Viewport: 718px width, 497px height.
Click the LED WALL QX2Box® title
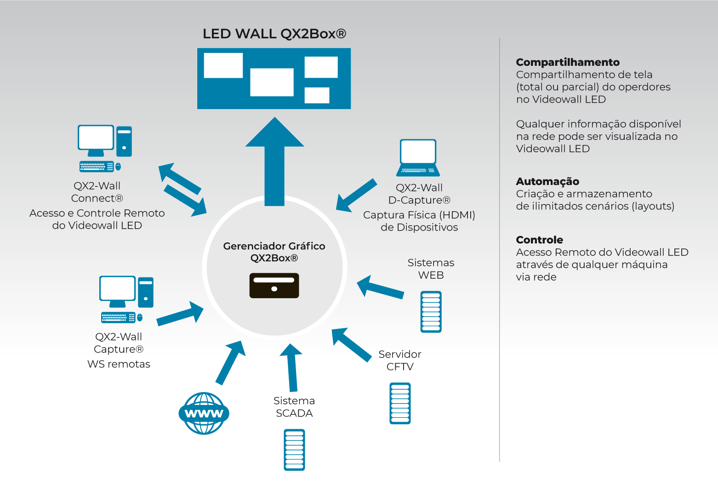(x=274, y=34)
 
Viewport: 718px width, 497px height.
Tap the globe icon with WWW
(x=204, y=413)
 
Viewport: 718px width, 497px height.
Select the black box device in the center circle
(x=274, y=285)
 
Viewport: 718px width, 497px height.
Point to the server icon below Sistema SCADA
(x=294, y=450)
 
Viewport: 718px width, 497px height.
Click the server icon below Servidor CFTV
(x=400, y=403)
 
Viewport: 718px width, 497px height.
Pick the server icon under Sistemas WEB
(x=431, y=312)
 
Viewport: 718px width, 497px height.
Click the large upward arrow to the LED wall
(x=275, y=161)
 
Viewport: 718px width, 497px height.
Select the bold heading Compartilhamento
(x=568, y=62)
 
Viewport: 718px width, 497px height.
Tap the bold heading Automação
(x=547, y=181)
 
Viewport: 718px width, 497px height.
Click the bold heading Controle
(x=539, y=240)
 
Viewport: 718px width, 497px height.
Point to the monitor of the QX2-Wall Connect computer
(x=96, y=138)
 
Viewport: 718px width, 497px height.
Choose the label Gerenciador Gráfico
(x=274, y=246)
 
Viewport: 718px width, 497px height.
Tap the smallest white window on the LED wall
(x=317, y=95)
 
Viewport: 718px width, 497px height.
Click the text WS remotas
(x=119, y=364)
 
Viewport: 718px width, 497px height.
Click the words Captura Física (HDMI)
(x=419, y=215)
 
